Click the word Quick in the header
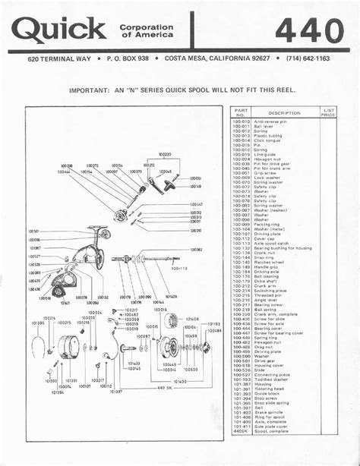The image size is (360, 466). coord(59,30)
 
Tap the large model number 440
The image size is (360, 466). coord(309,30)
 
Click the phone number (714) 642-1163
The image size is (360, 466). coord(308,58)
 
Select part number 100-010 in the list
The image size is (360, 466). coord(241,121)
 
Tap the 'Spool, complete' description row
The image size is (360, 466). coord(271,431)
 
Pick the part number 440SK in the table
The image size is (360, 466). coord(241,431)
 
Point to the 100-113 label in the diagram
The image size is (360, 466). coord(179,268)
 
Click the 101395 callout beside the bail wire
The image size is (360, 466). coord(38,323)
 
